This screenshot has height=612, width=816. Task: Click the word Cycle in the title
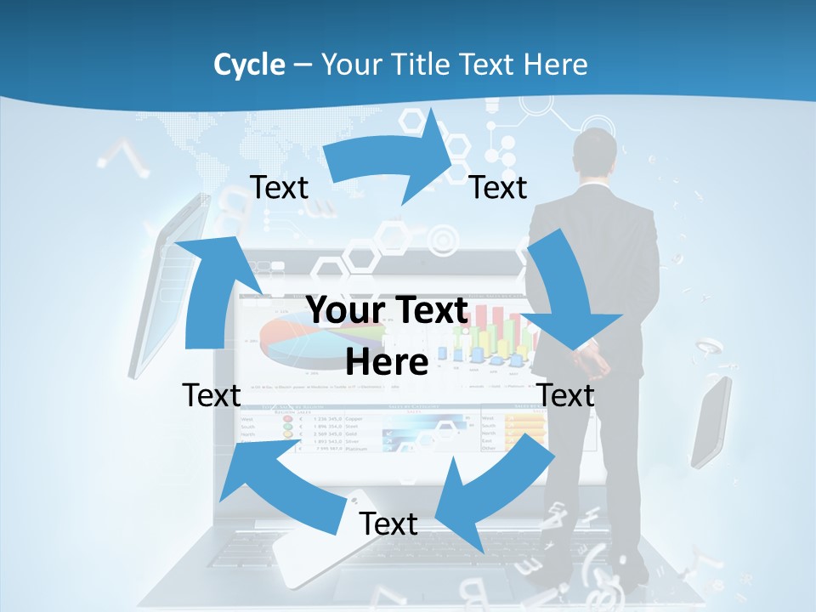coord(249,64)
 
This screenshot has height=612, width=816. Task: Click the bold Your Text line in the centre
coord(387,310)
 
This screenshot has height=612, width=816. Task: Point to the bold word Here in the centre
coord(387,362)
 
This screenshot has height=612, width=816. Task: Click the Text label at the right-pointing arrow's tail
coord(279,187)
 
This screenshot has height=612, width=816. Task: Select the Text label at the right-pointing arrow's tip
coord(498,187)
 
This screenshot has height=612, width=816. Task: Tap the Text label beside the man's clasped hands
coord(566,395)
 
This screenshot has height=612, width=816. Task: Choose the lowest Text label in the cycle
coord(388,524)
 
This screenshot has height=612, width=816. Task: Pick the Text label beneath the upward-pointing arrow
coord(211,395)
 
